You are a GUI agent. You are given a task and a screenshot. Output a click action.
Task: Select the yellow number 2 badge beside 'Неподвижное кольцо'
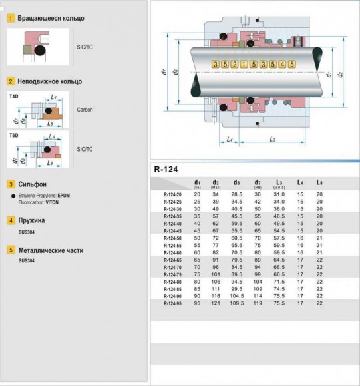[x=11, y=81]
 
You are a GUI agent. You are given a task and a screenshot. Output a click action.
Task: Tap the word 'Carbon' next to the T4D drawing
[x=85, y=109]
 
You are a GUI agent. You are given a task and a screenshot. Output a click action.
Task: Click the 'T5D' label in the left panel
[x=14, y=135]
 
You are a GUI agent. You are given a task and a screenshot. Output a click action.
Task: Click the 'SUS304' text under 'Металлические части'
[x=27, y=260]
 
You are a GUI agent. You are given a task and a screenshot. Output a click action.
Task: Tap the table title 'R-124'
[x=167, y=169]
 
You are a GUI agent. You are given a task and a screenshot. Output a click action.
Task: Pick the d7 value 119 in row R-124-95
[x=258, y=303]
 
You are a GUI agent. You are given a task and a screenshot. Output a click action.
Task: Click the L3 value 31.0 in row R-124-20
[x=279, y=194]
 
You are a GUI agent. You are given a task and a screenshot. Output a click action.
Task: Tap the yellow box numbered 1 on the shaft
[x=244, y=64]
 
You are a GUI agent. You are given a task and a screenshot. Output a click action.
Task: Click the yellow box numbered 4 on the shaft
[x=283, y=64]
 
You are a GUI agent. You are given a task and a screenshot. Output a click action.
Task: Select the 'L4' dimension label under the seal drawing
[x=228, y=139]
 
